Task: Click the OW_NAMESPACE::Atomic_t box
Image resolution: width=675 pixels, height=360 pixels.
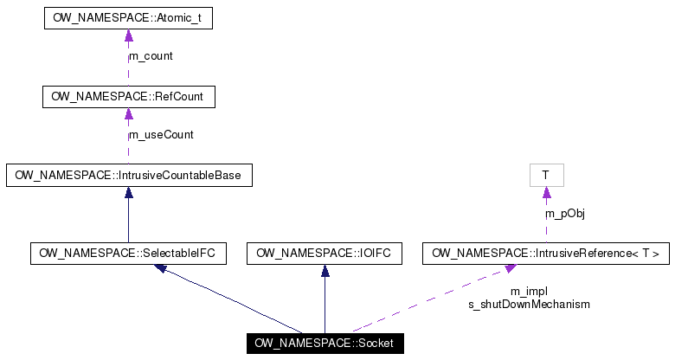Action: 128,18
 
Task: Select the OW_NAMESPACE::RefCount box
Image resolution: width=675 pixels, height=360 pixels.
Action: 128,97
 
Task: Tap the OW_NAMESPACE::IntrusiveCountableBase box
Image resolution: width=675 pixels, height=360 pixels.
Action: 128,176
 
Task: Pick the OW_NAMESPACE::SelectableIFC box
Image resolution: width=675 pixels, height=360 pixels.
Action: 128,254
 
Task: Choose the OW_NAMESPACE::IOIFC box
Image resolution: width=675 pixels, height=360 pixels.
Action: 325,254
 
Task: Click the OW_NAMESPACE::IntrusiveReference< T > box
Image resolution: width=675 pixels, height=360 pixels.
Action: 545,254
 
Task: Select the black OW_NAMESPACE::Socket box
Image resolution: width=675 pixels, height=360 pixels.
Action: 325,344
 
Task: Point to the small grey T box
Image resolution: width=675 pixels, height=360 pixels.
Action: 546,176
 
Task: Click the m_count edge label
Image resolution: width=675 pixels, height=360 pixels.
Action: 151,56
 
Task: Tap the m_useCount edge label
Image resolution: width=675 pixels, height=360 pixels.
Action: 161,135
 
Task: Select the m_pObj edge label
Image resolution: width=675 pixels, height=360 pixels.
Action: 565,214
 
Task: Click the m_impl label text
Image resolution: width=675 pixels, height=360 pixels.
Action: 529,292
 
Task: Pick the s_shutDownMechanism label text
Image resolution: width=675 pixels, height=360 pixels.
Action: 529,305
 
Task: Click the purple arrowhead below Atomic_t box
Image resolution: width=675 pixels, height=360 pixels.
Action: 128,35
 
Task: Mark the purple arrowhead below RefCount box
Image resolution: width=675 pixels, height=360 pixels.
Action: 128,114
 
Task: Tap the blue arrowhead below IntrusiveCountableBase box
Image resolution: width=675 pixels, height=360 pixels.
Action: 128,193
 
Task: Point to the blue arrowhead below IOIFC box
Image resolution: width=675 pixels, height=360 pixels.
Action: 325,271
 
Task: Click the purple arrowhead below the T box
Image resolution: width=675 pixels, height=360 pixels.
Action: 546,193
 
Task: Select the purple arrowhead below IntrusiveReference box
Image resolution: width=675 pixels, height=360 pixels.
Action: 511,269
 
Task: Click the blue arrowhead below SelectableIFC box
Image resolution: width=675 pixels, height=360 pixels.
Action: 161,268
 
